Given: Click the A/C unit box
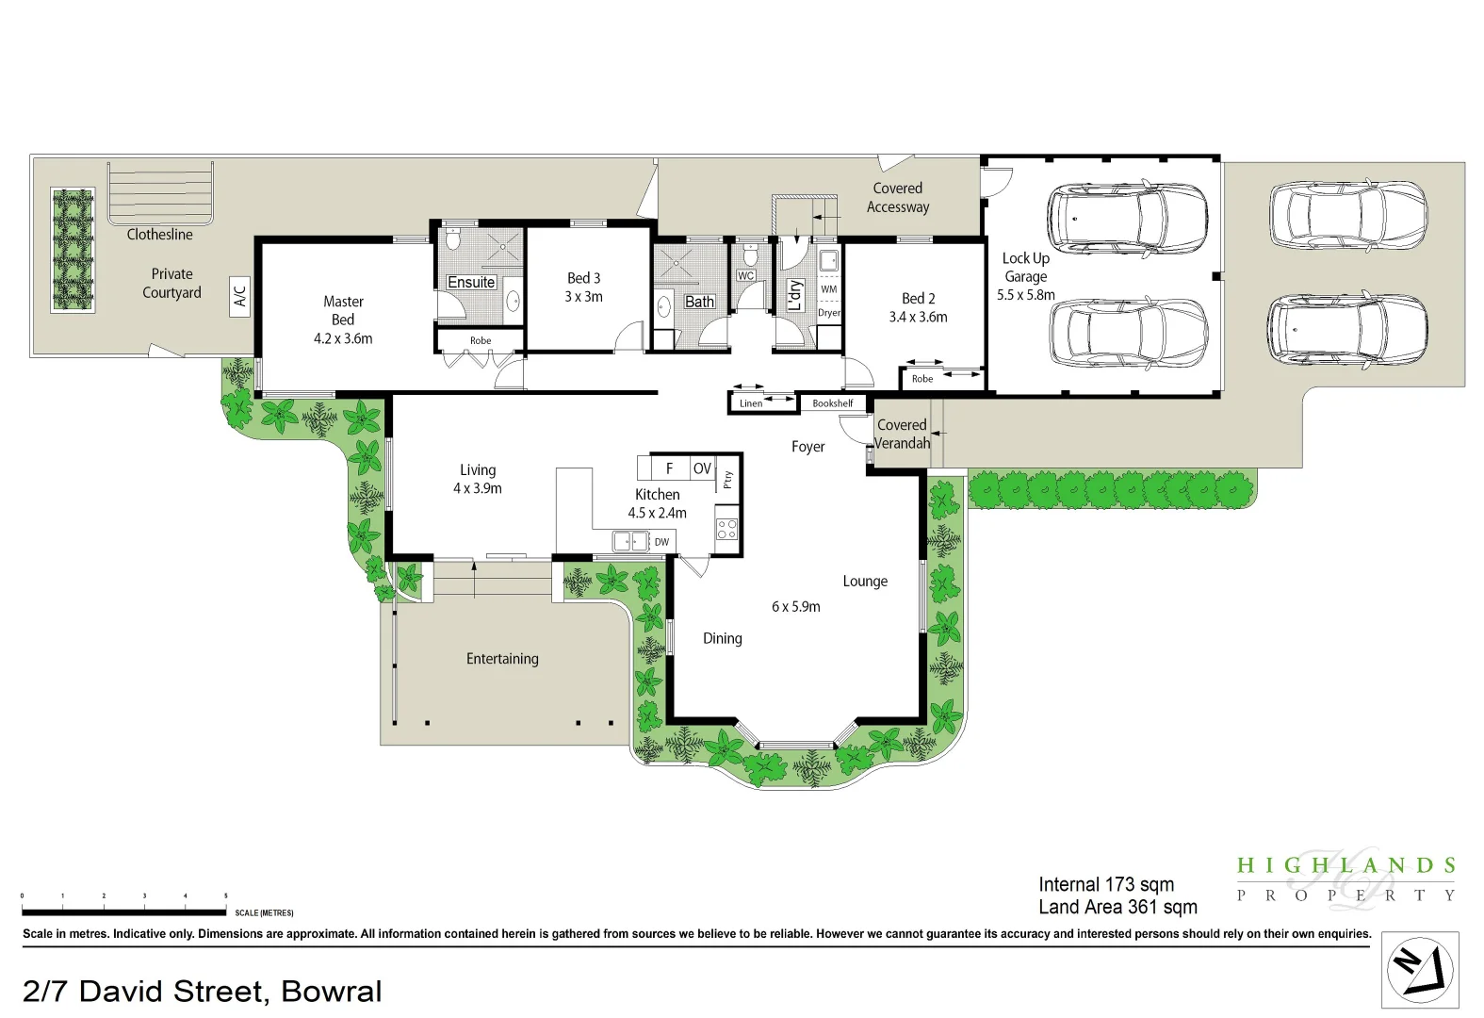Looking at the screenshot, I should point(239,296).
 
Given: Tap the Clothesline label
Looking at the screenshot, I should point(159,235).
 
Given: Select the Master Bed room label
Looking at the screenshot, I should point(343,311).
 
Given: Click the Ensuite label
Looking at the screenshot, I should point(471,282).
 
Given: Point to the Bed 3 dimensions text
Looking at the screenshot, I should point(583,296).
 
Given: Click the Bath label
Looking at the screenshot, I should point(699,302).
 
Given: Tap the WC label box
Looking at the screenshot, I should point(745,276).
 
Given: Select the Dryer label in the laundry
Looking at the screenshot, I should point(829,313).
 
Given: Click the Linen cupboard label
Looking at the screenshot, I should point(751,403).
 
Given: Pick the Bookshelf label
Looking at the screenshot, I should point(833,403).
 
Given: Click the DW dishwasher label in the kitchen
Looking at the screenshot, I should point(662,542).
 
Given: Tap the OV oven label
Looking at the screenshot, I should point(702,468).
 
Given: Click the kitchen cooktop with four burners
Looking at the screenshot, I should point(726,528).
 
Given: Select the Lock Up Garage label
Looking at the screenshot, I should point(1025,268).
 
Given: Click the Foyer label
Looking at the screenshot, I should point(807,447).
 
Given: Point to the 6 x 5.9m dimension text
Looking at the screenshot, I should point(796,607).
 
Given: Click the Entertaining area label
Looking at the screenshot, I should point(502,659).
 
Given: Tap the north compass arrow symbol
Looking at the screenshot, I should point(1420,970).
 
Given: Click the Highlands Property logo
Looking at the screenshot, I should point(1346,879).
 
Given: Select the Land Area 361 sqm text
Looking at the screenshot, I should point(1117,907).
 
